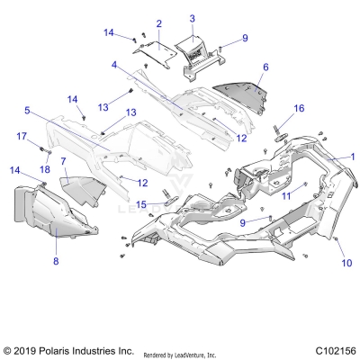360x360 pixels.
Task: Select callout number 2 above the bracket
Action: coord(159,23)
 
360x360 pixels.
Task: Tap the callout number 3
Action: coord(192,18)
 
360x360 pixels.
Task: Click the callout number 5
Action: coord(27,111)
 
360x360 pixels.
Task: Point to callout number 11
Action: coord(286,194)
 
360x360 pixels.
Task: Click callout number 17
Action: coord(21,136)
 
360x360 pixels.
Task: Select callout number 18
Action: coord(44,169)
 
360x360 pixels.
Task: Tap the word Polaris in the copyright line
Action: coord(61,349)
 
